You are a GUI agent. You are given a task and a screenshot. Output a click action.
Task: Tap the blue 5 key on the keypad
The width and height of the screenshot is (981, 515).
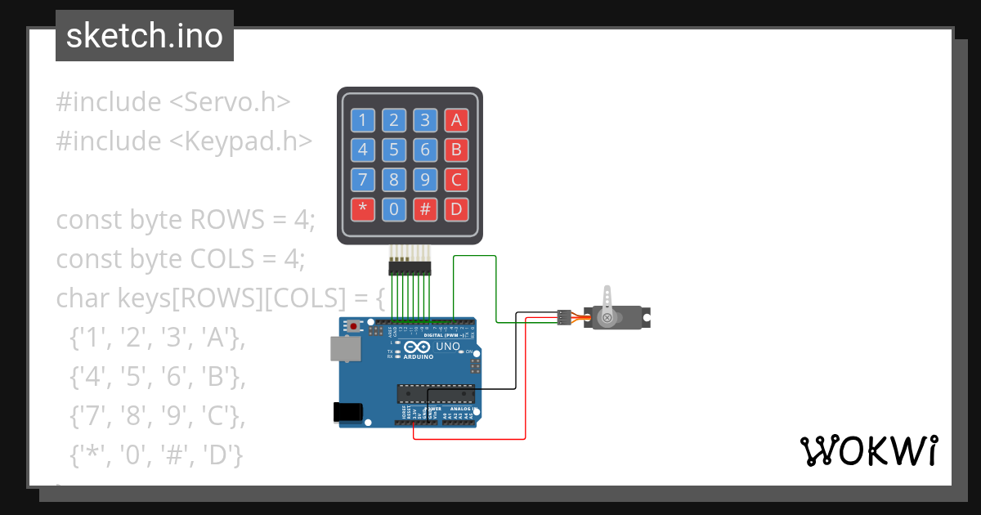(x=393, y=150)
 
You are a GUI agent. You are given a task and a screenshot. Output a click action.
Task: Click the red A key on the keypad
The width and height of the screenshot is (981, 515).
(x=456, y=121)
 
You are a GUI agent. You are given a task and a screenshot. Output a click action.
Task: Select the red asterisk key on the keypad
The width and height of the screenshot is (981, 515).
(x=362, y=209)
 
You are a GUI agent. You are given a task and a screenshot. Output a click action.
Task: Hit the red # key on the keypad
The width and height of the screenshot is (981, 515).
(x=425, y=209)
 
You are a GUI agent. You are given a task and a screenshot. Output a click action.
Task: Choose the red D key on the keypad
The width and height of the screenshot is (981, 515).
(x=456, y=209)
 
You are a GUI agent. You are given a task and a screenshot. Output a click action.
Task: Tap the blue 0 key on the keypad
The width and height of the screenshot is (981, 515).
(x=393, y=209)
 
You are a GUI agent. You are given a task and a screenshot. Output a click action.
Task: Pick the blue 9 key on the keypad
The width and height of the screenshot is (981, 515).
(x=425, y=180)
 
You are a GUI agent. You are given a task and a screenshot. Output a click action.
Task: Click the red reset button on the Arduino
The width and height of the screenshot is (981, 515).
(x=353, y=326)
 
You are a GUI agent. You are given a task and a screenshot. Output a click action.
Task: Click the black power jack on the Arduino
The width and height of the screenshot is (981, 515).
(x=347, y=412)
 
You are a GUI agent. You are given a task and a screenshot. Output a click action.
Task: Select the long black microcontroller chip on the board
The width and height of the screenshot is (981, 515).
(x=436, y=393)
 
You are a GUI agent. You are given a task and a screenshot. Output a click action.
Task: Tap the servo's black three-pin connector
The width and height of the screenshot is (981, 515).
(x=563, y=316)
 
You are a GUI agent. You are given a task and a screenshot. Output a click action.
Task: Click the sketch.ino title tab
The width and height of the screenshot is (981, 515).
(x=145, y=36)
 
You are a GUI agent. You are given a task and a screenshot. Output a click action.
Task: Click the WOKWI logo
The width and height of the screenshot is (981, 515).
(x=868, y=450)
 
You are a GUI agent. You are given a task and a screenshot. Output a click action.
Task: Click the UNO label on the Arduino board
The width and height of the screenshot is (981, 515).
(x=448, y=347)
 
